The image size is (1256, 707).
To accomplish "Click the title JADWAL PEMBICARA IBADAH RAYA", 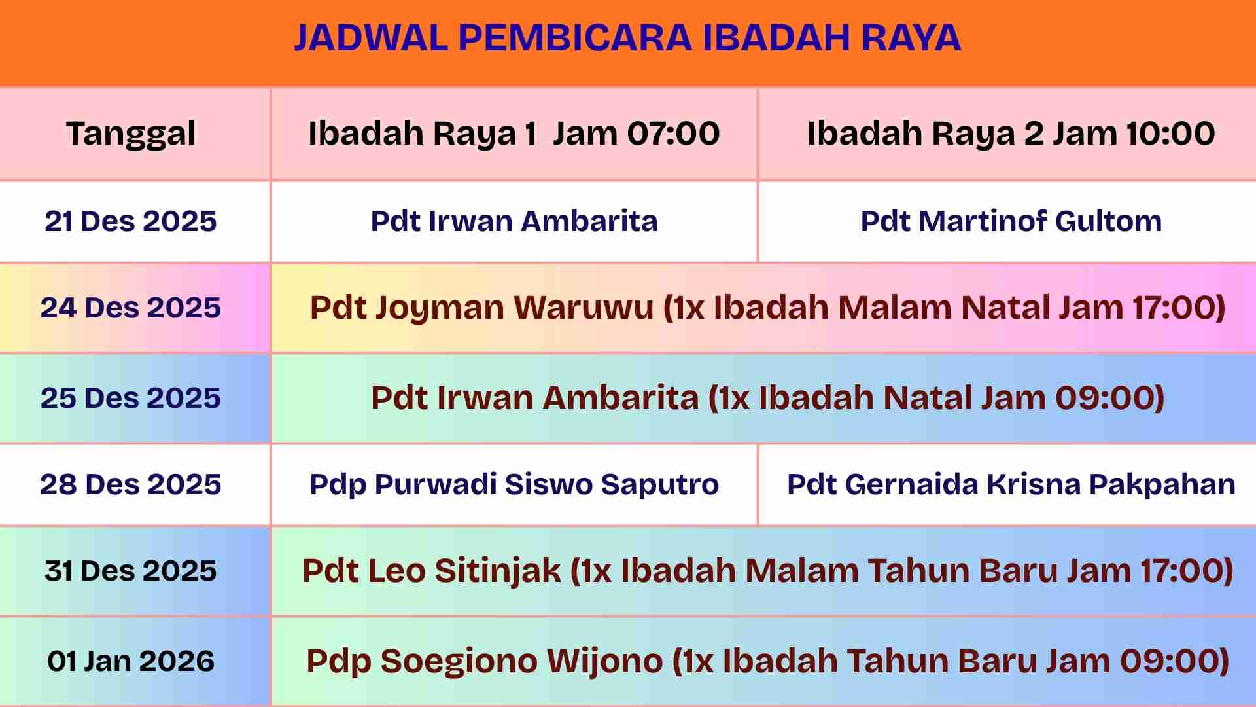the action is click(627, 37).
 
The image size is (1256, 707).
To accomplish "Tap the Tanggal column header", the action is click(131, 134).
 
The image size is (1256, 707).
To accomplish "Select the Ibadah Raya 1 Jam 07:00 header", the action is click(514, 134).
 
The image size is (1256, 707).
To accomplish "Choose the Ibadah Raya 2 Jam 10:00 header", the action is click(1011, 134).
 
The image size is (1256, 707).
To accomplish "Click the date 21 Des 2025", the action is click(131, 221).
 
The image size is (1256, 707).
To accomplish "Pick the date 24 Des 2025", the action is click(131, 308).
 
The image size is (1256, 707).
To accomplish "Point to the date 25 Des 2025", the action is click(131, 398).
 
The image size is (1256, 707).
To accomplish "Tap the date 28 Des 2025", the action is click(131, 484).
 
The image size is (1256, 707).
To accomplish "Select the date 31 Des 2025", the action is click(131, 571).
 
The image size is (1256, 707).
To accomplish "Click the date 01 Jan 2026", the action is click(131, 661).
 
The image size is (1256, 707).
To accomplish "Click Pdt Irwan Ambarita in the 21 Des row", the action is click(514, 221).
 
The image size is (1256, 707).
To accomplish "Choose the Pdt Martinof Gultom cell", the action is click(1011, 221).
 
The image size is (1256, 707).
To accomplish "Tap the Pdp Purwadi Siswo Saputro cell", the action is click(514, 485).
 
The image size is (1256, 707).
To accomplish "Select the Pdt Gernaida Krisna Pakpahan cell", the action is click(1011, 485).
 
